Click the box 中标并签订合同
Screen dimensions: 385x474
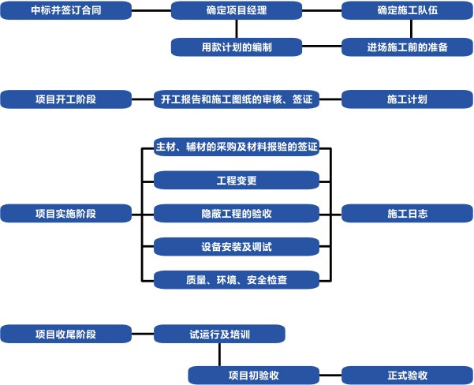(65, 12)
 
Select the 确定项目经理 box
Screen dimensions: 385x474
(237, 12)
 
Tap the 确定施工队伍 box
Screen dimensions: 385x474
(407, 12)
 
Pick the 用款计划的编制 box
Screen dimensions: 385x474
(237, 47)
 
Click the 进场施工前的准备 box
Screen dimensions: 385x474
(407, 47)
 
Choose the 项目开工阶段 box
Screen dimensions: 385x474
(65, 99)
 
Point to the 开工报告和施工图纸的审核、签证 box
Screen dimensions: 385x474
(237, 99)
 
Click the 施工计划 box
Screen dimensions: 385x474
(407, 99)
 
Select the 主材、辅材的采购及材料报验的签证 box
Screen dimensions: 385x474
(237, 147)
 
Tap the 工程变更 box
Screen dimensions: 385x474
(237, 180)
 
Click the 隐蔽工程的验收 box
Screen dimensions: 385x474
(237, 213)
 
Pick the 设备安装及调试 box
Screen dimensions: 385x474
(237, 246)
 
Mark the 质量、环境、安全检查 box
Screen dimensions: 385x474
(237, 279)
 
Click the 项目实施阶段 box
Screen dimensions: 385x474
(65, 213)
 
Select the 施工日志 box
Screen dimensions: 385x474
(407, 213)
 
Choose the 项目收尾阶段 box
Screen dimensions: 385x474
(65, 334)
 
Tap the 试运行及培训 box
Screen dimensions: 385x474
(219, 334)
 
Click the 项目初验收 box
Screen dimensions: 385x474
(254, 375)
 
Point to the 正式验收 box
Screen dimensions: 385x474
(407, 375)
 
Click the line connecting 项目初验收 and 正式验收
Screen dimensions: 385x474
(330, 375)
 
